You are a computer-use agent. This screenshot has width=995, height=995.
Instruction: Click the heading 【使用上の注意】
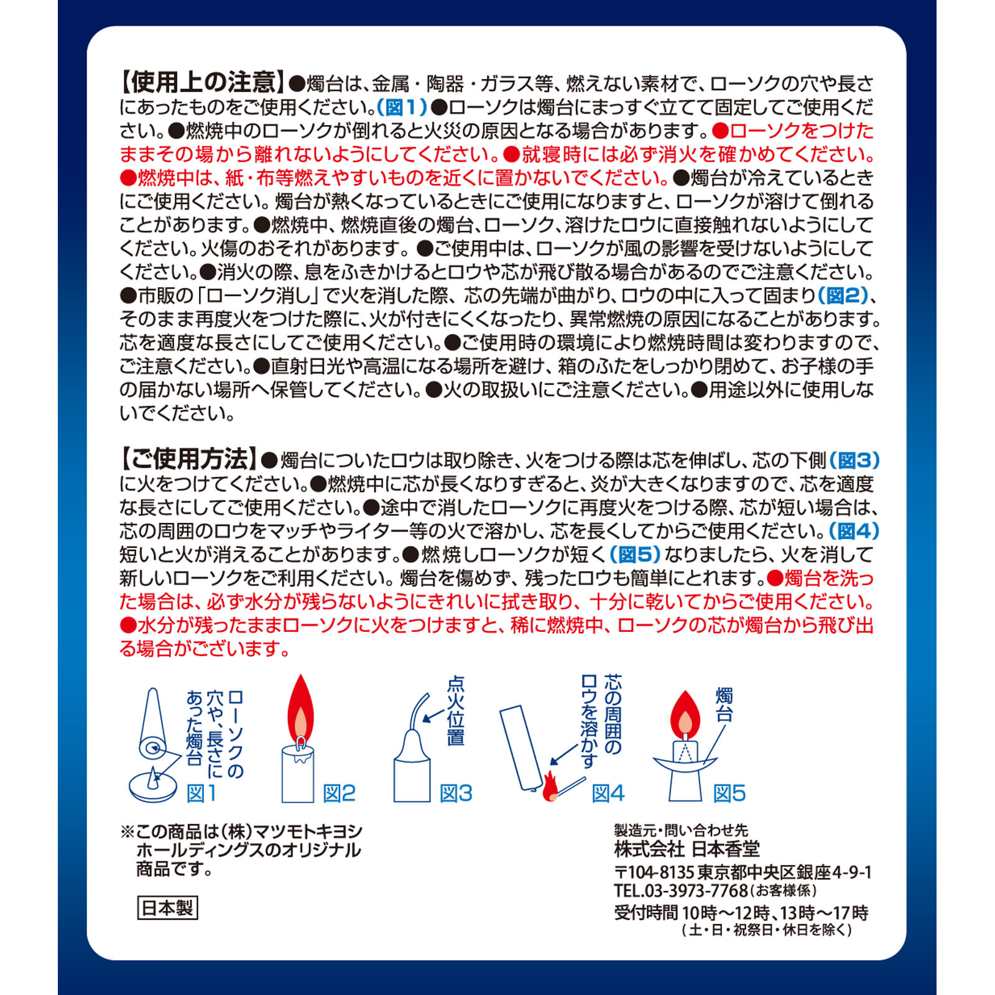[203, 82]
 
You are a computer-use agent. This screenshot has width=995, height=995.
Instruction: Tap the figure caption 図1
[202, 793]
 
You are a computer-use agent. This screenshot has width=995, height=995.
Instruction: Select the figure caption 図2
[340, 793]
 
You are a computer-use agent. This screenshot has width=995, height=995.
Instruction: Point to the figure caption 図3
[456, 793]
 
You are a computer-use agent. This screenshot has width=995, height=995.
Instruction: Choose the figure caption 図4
[608, 793]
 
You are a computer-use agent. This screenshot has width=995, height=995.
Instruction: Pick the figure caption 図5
[729, 793]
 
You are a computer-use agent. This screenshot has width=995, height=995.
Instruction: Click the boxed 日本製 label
[167, 908]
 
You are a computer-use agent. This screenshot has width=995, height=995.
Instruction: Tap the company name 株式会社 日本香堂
[687, 849]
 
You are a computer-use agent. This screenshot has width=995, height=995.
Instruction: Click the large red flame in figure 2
[301, 709]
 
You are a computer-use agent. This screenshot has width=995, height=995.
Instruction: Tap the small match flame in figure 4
[549, 787]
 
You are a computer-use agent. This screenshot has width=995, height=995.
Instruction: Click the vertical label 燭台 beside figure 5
[724, 705]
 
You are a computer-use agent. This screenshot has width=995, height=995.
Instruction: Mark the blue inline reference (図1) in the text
[402, 107]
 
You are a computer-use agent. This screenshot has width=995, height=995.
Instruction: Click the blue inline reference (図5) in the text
[635, 554]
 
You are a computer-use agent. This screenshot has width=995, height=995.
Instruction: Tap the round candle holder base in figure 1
[153, 786]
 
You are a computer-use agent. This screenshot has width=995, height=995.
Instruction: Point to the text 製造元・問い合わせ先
[681, 830]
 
